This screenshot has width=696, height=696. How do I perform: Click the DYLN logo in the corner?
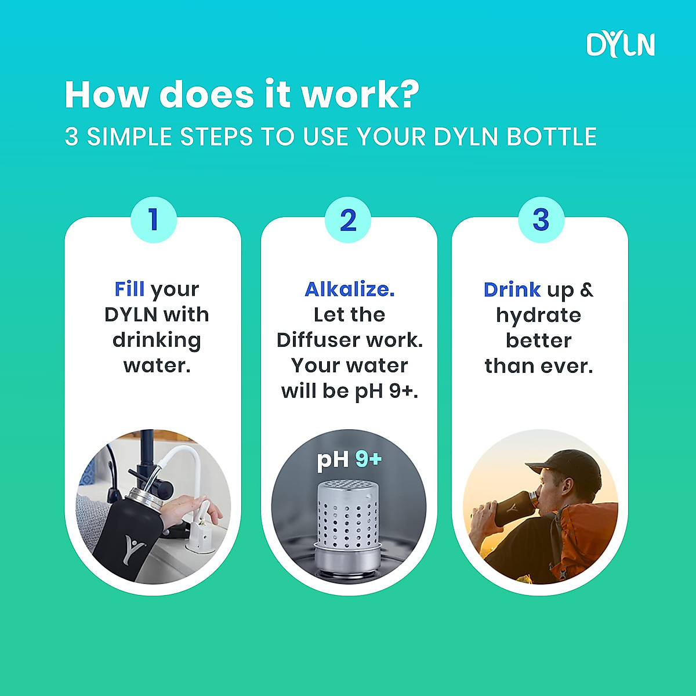620,45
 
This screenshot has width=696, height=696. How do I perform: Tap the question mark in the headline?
409,94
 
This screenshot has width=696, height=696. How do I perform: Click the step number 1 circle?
153,220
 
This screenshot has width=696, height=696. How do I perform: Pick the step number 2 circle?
348,220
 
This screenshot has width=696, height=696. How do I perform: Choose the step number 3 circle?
541,220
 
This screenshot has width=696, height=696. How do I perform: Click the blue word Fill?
129,289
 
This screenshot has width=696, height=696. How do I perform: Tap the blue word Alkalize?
349,289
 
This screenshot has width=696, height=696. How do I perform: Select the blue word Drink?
512,289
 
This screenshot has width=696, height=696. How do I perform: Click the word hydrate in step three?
538,316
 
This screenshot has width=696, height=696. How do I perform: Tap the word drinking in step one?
157,340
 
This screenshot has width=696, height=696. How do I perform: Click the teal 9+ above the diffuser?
369,459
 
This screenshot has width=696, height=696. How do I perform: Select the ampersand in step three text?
586,289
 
